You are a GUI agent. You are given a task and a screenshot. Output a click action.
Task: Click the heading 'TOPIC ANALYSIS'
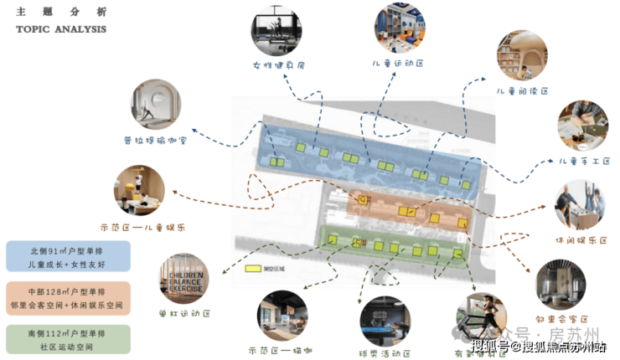point(61,29)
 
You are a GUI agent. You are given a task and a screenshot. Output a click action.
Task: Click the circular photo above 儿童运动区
point(399,28)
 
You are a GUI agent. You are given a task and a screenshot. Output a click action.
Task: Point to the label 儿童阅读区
point(521,90)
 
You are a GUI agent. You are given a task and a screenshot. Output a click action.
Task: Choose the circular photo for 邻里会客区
point(561,285)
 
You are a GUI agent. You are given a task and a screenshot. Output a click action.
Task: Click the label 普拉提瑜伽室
point(156,140)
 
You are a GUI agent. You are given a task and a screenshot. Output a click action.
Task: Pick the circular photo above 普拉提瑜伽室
point(156,104)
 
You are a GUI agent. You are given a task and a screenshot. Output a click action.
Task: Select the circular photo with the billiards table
point(385,321)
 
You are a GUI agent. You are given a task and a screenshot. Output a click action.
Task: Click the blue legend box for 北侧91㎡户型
point(67,256)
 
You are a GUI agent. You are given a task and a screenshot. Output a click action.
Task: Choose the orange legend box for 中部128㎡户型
point(67,298)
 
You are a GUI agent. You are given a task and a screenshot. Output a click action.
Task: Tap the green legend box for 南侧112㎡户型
point(67,339)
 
